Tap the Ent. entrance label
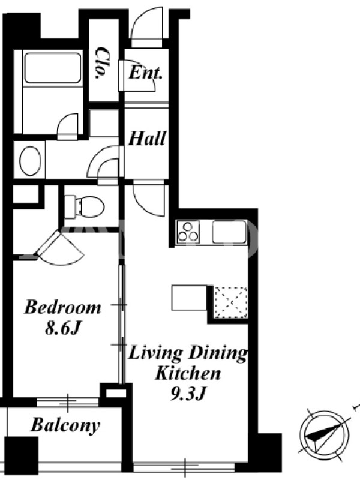145,73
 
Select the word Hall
147,138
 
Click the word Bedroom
63,307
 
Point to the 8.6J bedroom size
63,328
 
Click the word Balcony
65,425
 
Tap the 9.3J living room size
187,394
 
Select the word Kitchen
188,373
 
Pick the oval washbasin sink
31,161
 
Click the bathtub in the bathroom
53,68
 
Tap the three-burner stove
188,232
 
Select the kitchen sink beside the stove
229,232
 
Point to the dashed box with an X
231,302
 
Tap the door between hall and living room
149,198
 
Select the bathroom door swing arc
68,126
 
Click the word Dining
217,354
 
